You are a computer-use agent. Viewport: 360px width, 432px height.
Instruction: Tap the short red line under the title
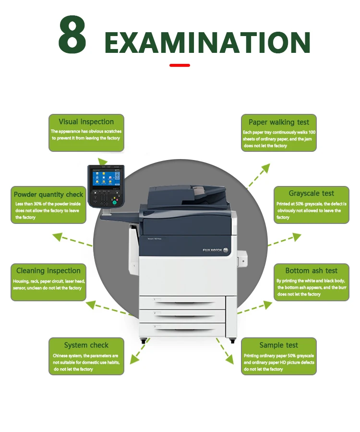[x=180, y=65]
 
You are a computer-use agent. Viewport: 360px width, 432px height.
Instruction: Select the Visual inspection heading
[x=86, y=122]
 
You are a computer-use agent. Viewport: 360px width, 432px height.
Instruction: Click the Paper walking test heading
[x=279, y=122]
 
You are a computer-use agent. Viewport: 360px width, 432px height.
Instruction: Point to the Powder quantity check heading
[x=48, y=195]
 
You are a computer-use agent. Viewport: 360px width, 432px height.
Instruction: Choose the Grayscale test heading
[x=311, y=193]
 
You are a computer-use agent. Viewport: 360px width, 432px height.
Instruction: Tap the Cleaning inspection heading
[x=48, y=271]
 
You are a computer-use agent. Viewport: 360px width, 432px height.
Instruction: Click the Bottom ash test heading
[x=311, y=271]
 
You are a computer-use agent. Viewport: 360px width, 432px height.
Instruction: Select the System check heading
[x=86, y=345]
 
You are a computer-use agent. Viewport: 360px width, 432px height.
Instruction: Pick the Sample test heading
[x=278, y=345]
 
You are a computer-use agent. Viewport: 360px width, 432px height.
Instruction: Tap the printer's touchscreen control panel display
[x=105, y=179]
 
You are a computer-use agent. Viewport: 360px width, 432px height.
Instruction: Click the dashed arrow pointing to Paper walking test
[x=259, y=175]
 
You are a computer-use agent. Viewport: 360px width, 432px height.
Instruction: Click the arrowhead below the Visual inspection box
[x=103, y=161]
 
